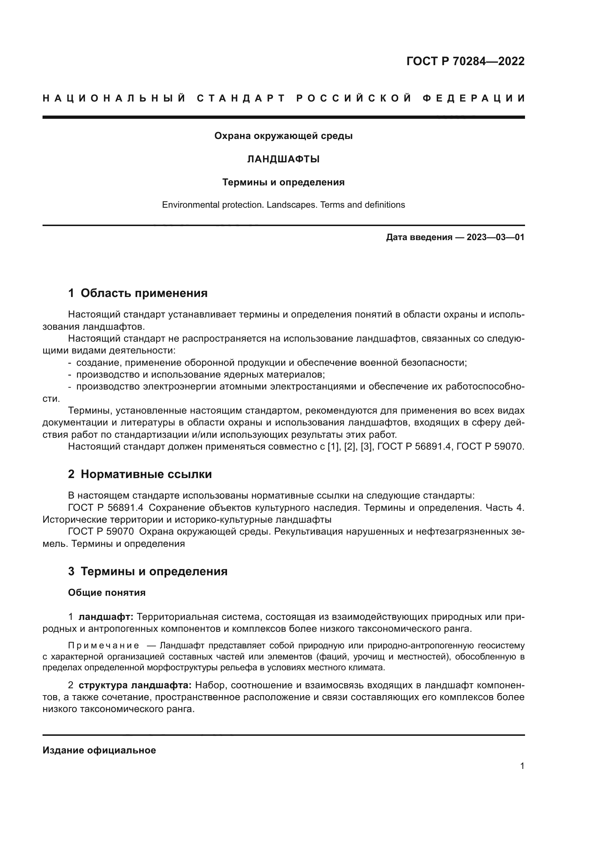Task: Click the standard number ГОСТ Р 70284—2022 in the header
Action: point(465,61)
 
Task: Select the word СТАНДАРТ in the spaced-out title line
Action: point(241,98)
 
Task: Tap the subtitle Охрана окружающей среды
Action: point(283,136)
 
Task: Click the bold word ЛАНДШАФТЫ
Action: point(283,159)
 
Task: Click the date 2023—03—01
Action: point(495,237)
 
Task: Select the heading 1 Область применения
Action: point(138,293)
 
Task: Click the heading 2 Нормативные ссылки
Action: point(140,474)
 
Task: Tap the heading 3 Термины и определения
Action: point(147,571)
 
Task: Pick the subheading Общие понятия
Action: point(107,593)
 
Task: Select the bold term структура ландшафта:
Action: point(135,685)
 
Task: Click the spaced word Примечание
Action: point(103,645)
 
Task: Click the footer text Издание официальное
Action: point(99,750)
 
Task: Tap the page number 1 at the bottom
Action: point(522,766)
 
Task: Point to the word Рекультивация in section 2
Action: point(307,531)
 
